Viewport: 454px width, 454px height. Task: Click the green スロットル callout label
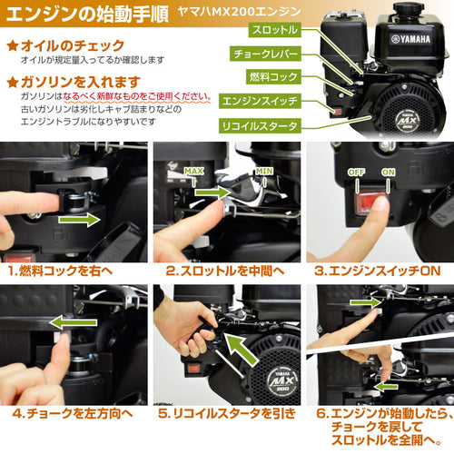pyautogui.click(x=275, y=30)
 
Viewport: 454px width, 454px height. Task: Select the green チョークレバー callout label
pyautogui.click(x=265, y=54)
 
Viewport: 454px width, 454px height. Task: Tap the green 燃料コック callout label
pyautogui.click(x=273, y=77)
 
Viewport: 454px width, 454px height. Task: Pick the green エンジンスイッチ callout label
pyautogui.click(x=260, y=101)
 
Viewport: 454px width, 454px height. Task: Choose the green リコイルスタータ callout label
pyautogui.click(x=260, y=125)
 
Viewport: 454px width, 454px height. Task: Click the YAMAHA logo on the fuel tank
pyautogui.click(x=410, y=39)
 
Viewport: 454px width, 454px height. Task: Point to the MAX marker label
pyautogui.click(x=194, y=172)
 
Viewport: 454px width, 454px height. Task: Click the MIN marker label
pyautogui.click(x=264, y=172)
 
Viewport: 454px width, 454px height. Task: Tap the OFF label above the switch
pyautogui.click(x=356, y=173)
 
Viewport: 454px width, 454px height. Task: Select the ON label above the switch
pyautogui.click(x=388, y=173)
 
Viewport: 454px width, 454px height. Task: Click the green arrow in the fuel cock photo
pyautogui.click(x=79, y=220)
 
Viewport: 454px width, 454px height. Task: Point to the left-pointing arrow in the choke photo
pyautogui.click(x=73, y=322)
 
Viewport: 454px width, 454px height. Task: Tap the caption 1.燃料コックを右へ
pyautogui.click(x=60, y=271)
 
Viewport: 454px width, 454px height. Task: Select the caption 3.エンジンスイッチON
pyautogui.click(x=378, y=271)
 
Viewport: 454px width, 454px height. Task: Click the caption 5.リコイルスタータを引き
pyautogui.click(x=227, y=413)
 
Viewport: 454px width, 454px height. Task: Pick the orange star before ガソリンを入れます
pyautogui.click(x=13, y=82)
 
